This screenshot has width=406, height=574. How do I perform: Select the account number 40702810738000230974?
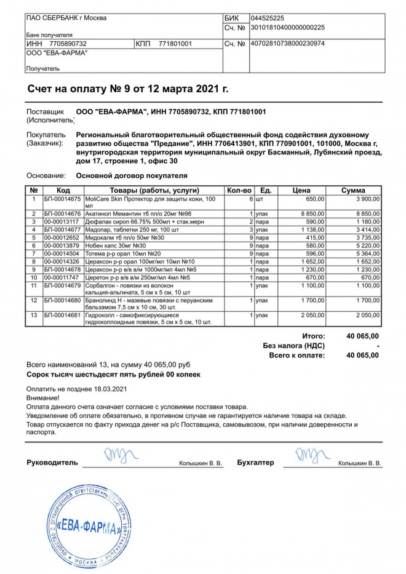click(x=287, y=44)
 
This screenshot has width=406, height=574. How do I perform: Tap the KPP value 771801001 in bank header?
click(x=175, y=44)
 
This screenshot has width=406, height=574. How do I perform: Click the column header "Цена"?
click(x=301, y=190)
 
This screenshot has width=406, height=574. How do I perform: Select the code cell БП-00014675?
click(x=63, y=199)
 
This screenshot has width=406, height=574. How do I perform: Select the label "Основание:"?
click(x=45, y=175)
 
